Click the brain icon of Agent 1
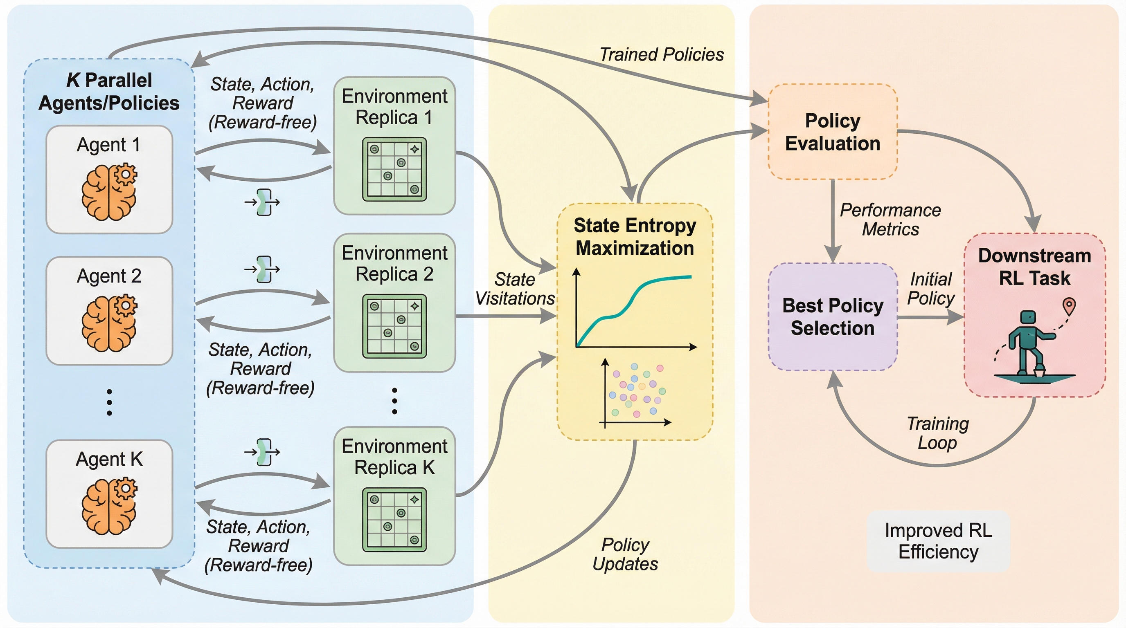coord(109,192)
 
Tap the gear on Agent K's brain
coord(126,488)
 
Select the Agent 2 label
coord(109,276)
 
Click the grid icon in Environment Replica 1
coord(394,169)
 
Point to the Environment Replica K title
coord(394,457)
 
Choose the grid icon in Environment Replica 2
coord(394,326)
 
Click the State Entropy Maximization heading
coord(635,237)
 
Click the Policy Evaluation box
coord(833,132)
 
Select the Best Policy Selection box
coord(833,317)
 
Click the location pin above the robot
coord(1069,306)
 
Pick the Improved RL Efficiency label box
coord(938,541)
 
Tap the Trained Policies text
coord(661,55)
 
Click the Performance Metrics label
coord(890,220)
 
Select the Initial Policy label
coord(931,289)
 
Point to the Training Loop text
coord(938,433)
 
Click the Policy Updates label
coord(625,554)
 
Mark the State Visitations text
coord(515,289)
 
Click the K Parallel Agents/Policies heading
coord(109,92)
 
